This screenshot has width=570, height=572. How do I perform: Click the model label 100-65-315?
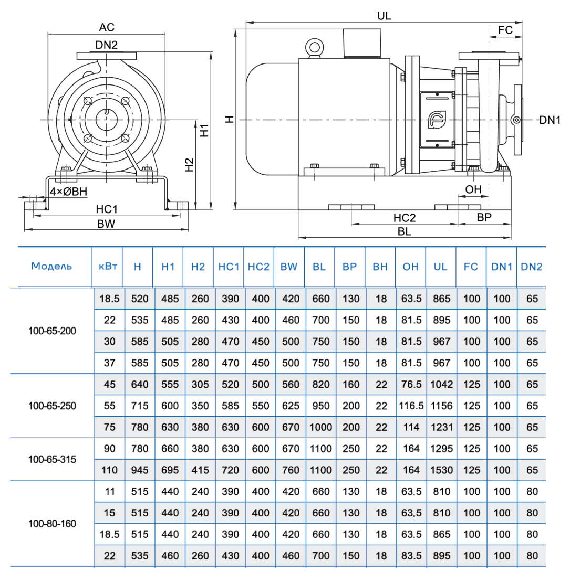tap(52, 459)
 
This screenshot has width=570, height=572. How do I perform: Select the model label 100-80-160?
tap(52, 524)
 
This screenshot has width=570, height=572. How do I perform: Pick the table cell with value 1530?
tap(441, 470)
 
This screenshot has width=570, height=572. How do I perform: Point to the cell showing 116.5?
tap(411, 406)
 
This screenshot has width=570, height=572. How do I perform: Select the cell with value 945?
tap(138, 470)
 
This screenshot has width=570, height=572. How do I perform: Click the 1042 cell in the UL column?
tap(441, 384)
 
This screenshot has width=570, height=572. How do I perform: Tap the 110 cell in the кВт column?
tap(109, 470)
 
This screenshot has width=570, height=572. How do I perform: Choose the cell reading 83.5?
tap(411, 556)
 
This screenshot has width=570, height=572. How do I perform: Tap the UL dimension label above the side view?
tap(384, 16)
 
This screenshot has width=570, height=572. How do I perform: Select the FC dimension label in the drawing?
tap(505, 30)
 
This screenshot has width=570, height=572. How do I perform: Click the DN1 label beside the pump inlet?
tap(550, 120)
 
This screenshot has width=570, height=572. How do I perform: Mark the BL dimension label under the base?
tap(404, 231)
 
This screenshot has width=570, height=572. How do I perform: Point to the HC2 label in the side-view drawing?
tap(405, 217)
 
